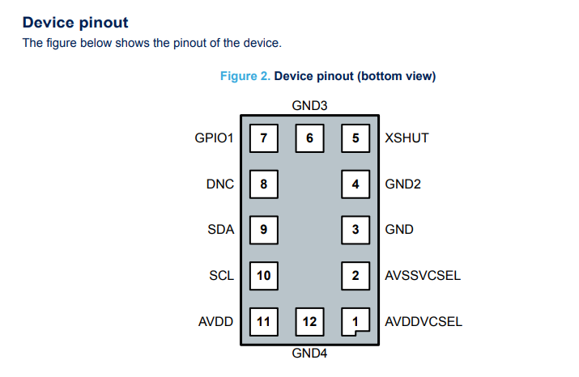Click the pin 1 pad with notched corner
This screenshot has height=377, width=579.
(355, 321)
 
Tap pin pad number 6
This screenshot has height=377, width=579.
(309, 138)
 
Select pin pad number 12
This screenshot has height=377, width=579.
(309, 321)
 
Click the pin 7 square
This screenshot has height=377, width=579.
(263, 138)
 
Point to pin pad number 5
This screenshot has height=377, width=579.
(355, 138)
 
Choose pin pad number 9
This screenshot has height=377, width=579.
(263, 229)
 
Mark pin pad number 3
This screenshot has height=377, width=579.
(355, 229)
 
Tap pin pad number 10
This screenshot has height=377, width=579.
(263, 275)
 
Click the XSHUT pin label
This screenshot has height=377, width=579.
(407, 138)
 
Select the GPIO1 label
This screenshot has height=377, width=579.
(214, 138)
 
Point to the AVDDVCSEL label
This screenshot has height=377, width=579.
(424, 321)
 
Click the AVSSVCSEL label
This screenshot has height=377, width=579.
(423, 275)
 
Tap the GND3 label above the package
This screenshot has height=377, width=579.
(309, 105)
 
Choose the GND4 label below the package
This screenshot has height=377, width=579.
(309, 353)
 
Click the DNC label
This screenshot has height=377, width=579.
(220, 184)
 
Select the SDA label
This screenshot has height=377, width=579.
(221, 229)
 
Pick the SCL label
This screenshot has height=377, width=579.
(221, 275)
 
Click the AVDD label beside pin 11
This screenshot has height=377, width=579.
(216, 321)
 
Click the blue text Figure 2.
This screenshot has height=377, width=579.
(245, 76)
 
